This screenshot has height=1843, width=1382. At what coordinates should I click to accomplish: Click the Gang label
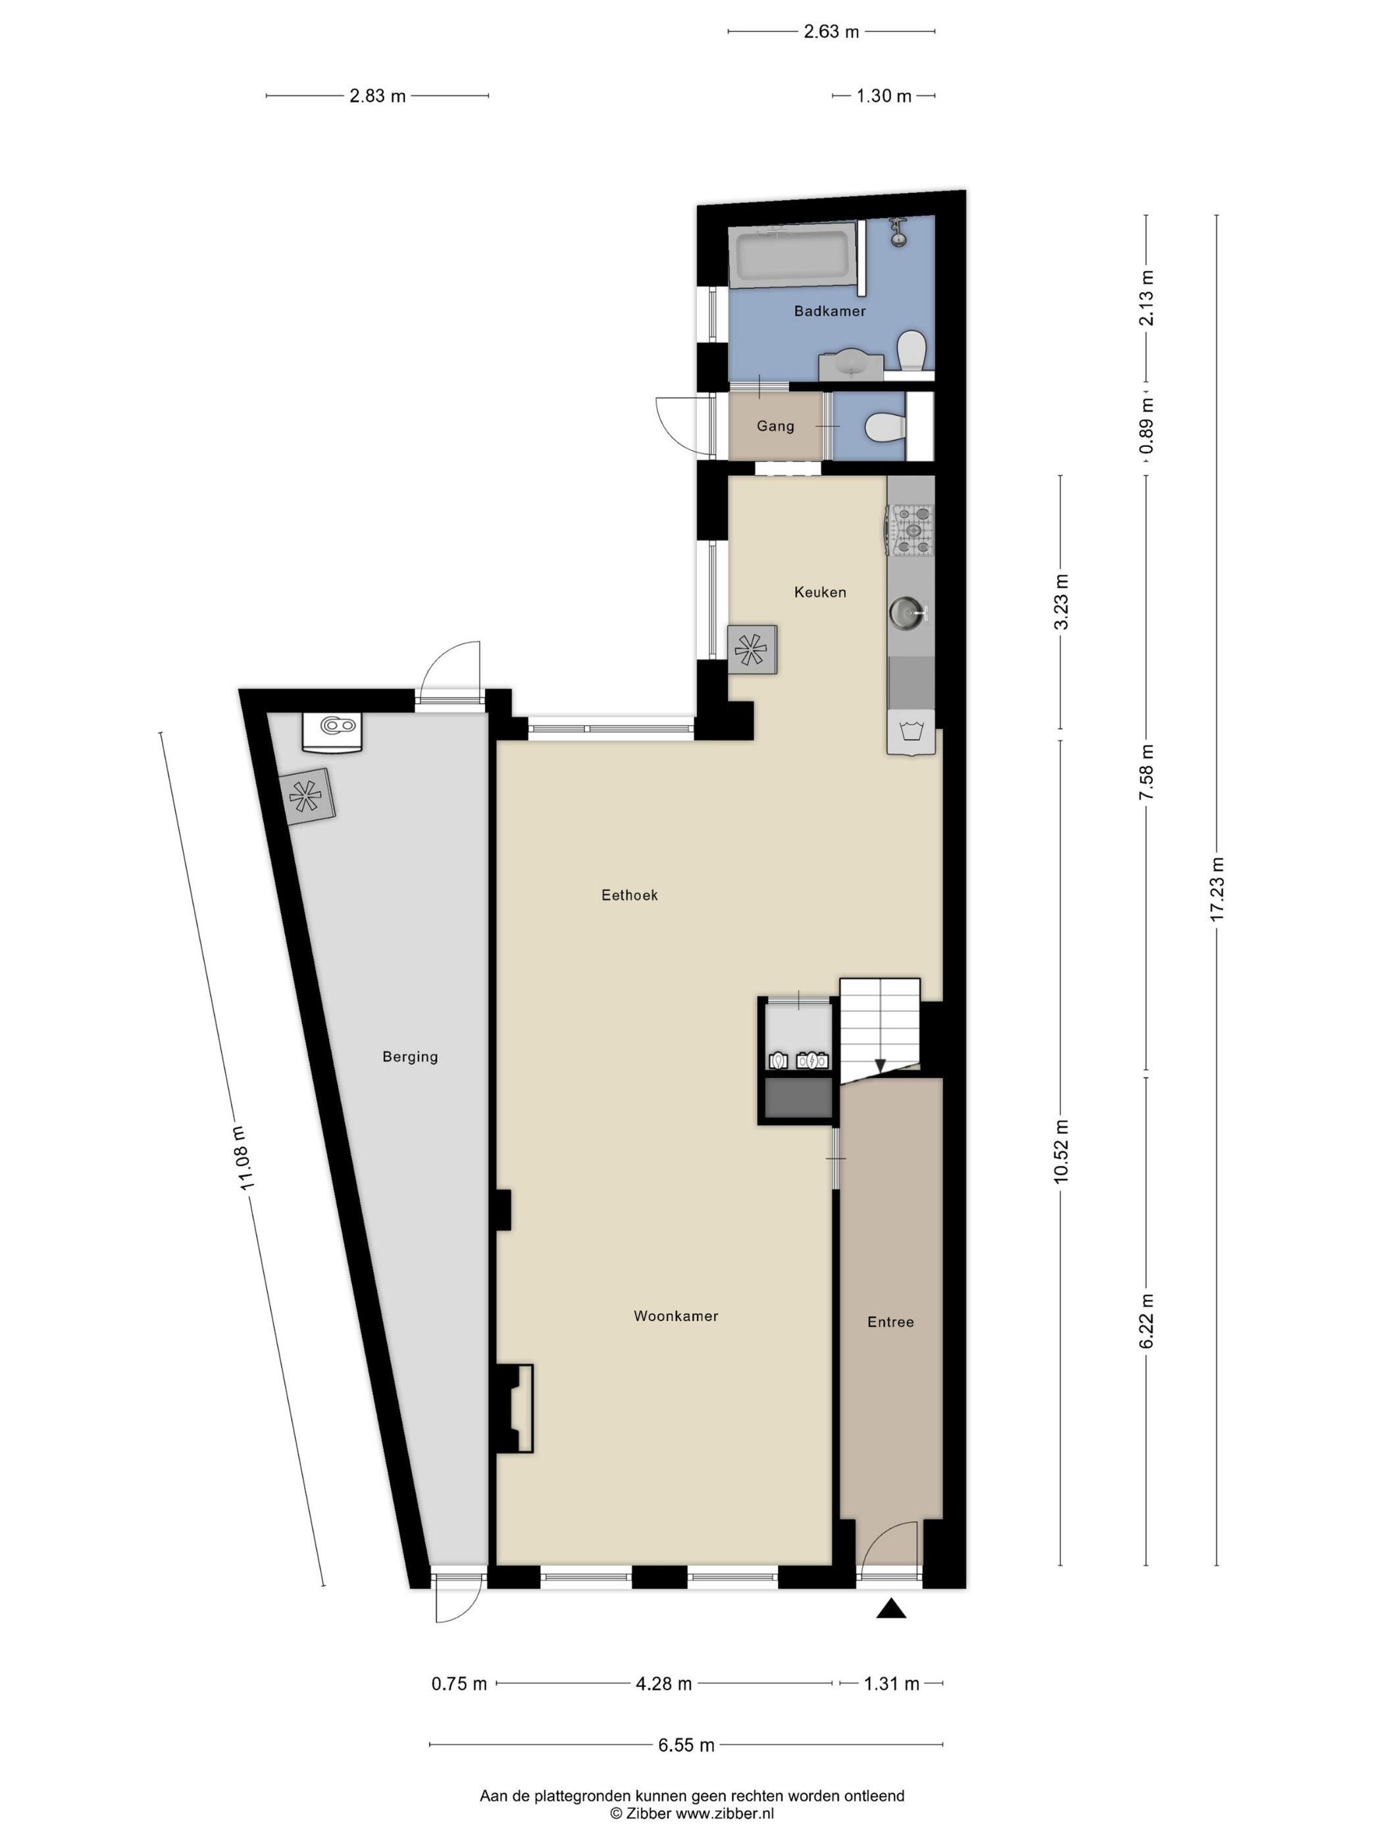tap(775, 426)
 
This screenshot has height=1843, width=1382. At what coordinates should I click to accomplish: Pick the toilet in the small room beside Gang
tap(886, 427)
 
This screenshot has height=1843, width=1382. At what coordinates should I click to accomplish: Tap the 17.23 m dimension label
tap(1217, 889)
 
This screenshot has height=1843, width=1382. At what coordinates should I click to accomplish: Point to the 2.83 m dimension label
tap(377, 96)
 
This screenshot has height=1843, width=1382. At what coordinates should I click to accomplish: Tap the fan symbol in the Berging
tap(306, 797)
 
